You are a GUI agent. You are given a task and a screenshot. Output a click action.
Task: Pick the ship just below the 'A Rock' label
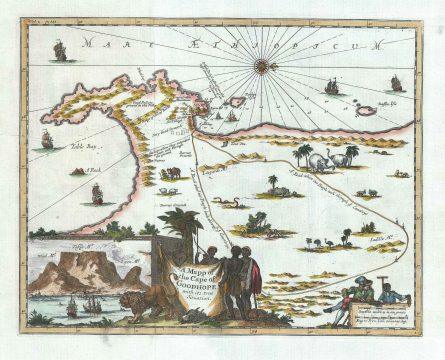coord(97,192)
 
